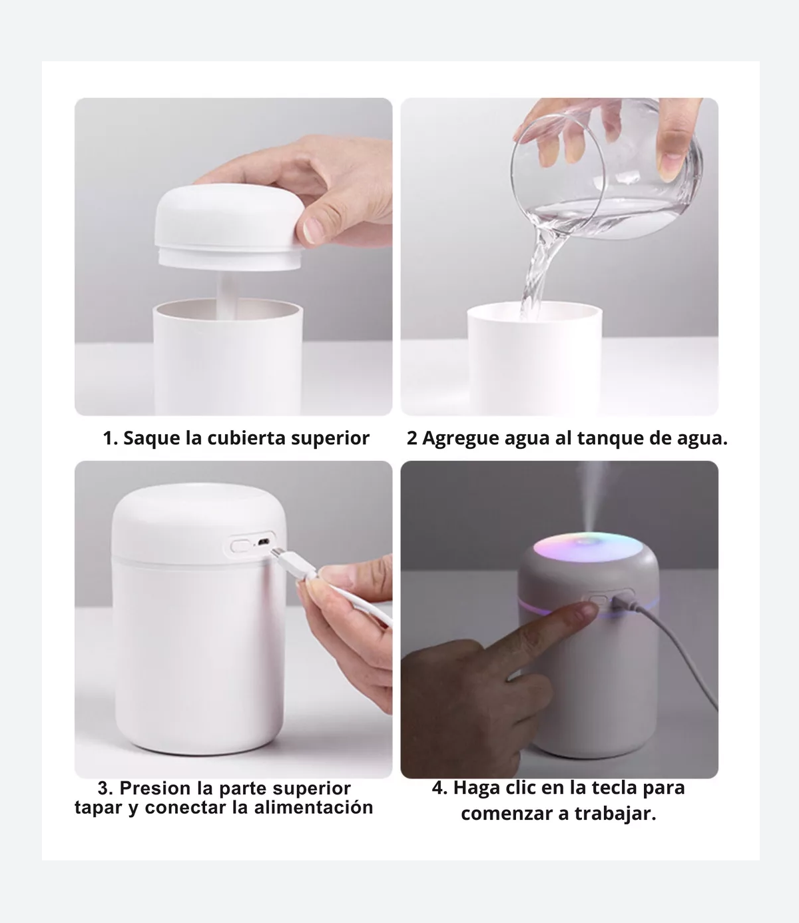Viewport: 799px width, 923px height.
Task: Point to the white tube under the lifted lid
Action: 227,296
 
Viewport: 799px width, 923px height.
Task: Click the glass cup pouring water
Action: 607,170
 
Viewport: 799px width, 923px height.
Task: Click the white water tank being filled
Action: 535,357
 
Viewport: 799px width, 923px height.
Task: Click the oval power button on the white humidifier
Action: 240,545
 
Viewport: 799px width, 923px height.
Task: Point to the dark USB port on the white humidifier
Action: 264,542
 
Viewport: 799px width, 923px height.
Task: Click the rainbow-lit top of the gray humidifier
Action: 588,546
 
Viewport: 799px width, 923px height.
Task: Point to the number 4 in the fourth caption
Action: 437,788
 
